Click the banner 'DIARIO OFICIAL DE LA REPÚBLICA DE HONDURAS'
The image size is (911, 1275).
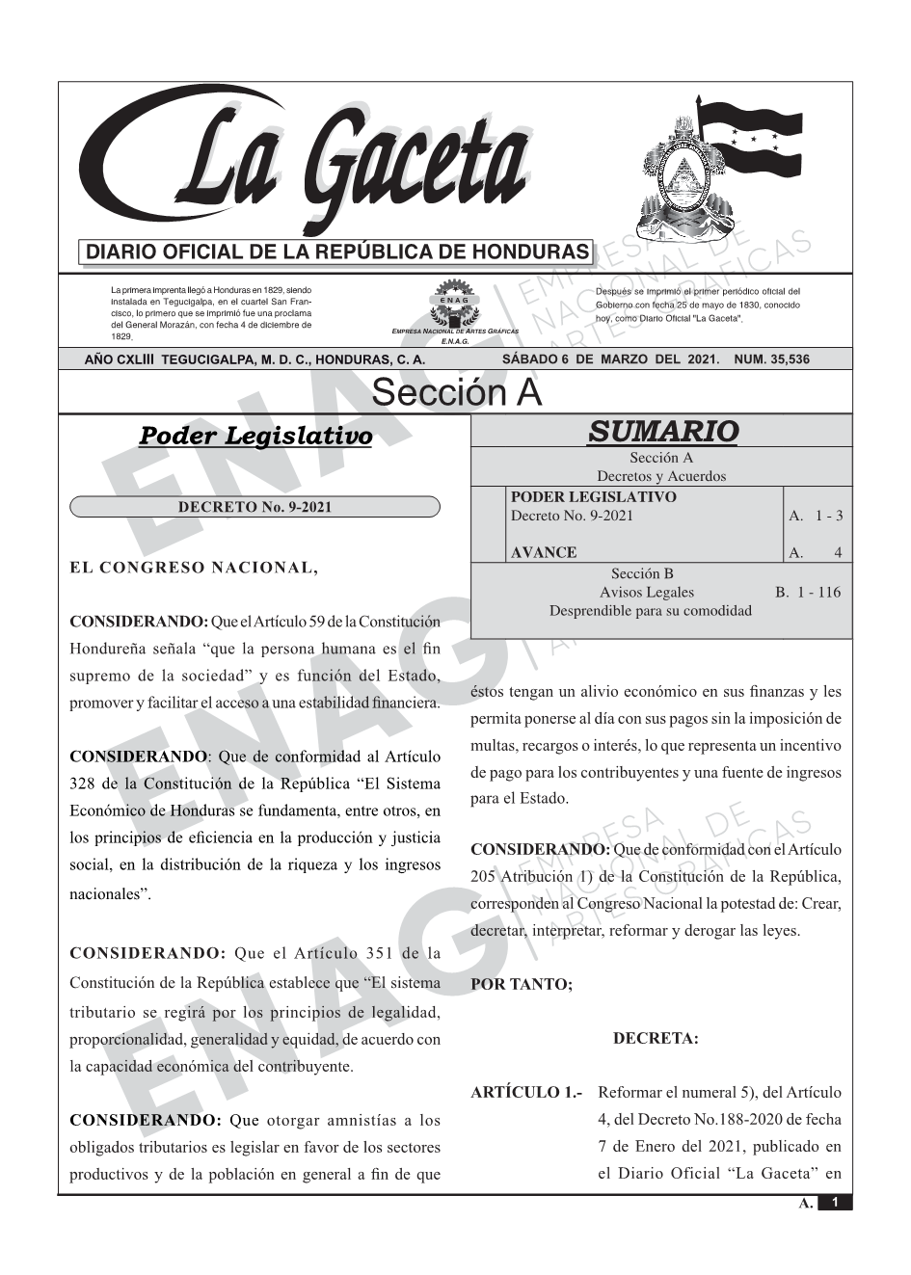click(336, 252)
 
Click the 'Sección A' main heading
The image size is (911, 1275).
click(456, 393)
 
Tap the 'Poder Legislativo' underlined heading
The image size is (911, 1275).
click(255, 437)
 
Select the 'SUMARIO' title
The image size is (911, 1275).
click(662, 432)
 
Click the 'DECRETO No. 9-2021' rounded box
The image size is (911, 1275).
click(255, 507)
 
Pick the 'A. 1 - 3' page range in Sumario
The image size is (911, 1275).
click(816, 516)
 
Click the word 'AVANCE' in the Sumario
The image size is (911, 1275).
click(544, 552)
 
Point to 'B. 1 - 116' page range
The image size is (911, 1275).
click(808, 592)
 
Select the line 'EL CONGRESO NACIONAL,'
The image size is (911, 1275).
click(194, 568)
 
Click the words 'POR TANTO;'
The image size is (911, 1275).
click(522, 985)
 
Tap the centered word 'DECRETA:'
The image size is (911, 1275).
click(656, 1039)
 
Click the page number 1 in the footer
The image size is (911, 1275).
click(835, 1203)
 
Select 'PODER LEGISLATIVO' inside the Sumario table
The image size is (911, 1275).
click(593, 497)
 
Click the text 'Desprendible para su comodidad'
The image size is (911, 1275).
click(651, 611)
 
